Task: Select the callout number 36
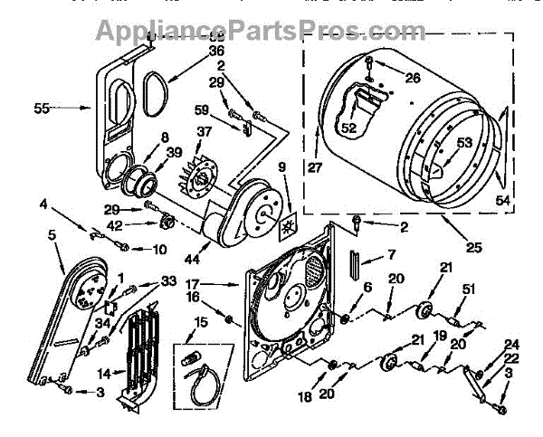(x=216, y=52)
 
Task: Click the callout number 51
(x=468, y=290)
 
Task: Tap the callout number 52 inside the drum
(x=348, y=128)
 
